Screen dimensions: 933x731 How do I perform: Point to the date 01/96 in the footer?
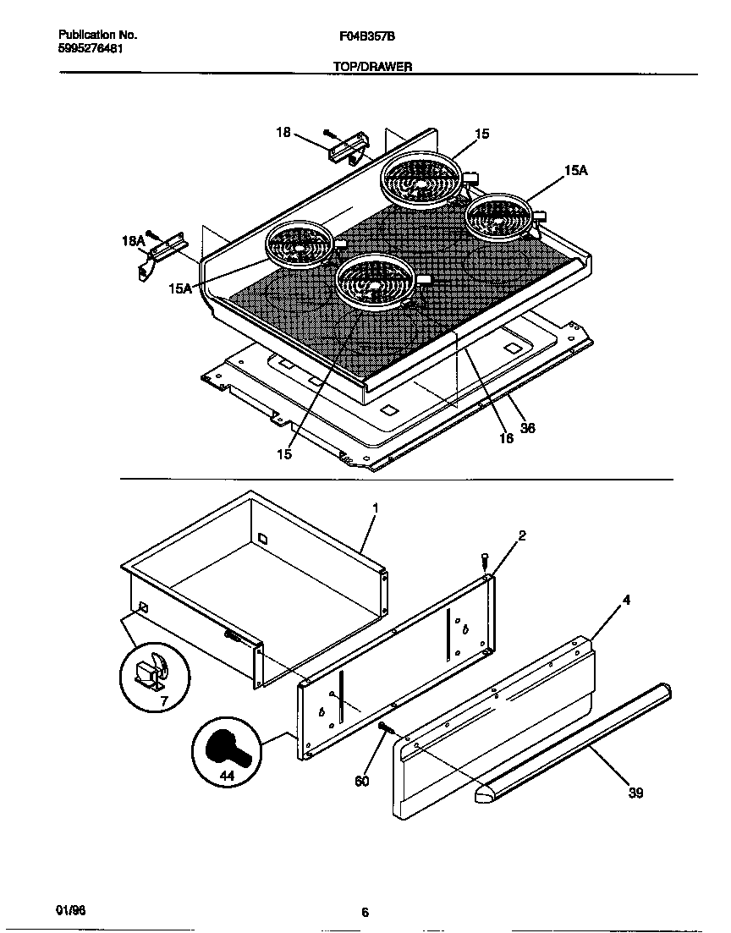(x=70, y=908)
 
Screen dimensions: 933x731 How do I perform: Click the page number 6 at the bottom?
(x=365, y=912)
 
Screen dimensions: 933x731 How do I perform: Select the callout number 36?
(x=527, y=428)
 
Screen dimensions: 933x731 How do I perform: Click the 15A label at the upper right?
(x=575, y=170)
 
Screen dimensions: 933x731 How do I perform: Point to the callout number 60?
(x=361, y=781)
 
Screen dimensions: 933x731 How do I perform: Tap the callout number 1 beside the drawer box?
(x=375, y=508)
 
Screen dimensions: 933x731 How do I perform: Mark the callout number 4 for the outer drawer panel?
(x=626, y=601)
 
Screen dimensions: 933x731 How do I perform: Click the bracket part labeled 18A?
(x=165, y=253)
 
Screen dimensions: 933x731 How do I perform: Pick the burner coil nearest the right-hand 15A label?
(x=498, y=216)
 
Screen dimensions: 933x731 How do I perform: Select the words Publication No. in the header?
(x=98, y=36)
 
